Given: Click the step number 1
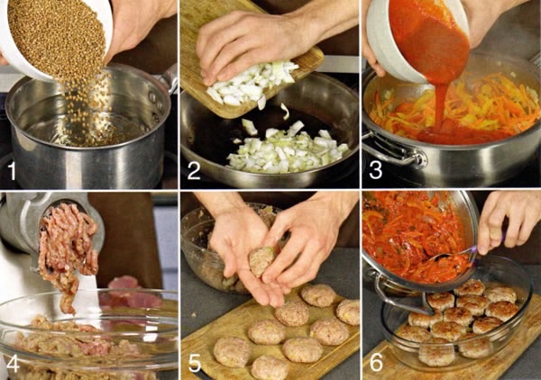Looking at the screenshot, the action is tap(13, 171).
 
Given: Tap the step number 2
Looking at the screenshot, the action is tap(194, 171).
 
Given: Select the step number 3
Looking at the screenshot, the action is tap(375, 171).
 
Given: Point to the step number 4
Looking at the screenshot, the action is tap(13, 364).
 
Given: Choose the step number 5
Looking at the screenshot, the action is tap(195, 364).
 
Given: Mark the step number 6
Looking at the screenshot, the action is tap(376, 364).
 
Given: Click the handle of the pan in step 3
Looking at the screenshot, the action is tap(393, 151).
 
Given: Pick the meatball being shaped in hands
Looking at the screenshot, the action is tap(262, 262).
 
